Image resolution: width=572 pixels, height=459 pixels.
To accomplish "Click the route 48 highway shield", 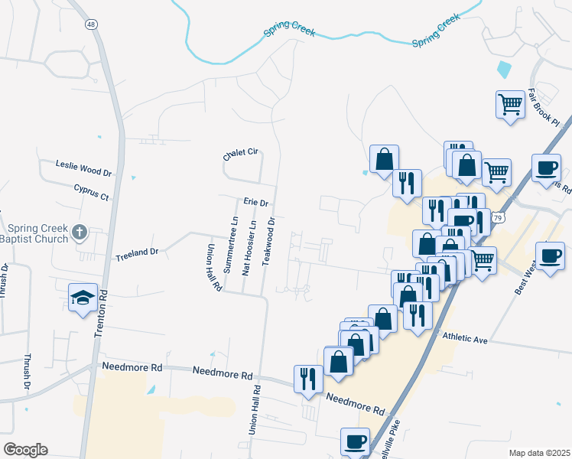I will pos(92,24).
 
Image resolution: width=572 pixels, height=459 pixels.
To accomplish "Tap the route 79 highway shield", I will pos(498,218).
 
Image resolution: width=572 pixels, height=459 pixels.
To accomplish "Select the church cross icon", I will pos(81,231).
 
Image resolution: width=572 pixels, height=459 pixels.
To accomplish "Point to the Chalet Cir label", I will pos(239,153).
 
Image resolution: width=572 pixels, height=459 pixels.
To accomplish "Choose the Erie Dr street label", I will pos(255,202).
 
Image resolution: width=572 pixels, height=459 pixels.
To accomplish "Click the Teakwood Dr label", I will pos(269,240).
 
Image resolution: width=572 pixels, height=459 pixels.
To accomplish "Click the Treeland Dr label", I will pos(136,252).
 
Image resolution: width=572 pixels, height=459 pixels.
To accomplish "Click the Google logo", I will pos(25,449).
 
